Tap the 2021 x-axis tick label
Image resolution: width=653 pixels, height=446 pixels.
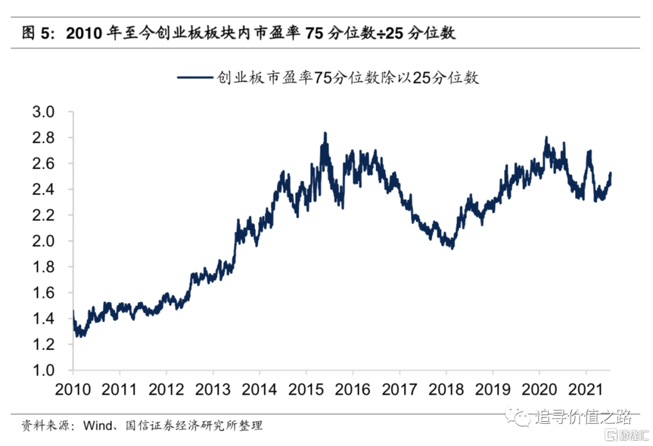(585, 389)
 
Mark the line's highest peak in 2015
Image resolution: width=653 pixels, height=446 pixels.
(325, 133)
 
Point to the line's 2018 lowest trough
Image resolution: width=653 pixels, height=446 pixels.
(452, 248)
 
